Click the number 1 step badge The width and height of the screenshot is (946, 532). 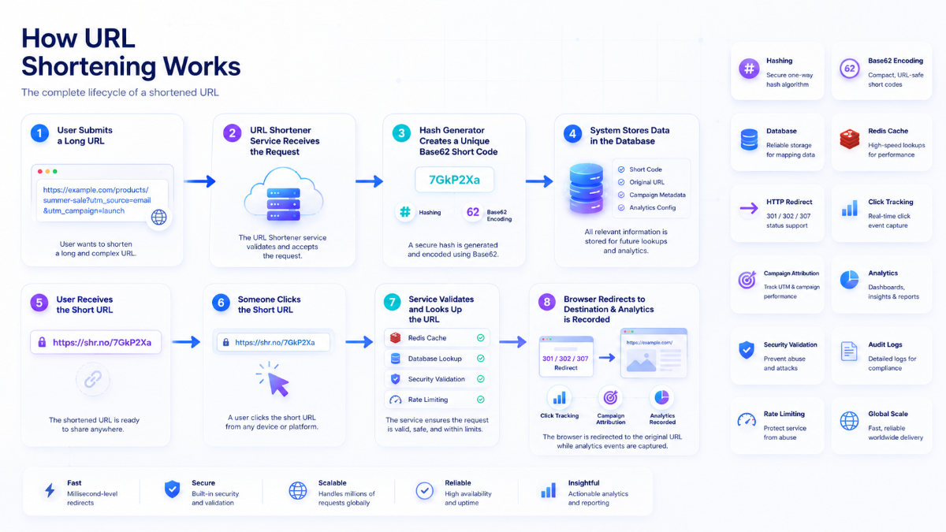(39, 133)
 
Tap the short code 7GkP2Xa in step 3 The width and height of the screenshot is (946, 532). (454, 180)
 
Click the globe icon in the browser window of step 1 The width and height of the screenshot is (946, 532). (158, 218)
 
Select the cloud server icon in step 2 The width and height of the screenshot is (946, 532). (283, 195)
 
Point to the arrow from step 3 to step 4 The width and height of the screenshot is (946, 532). (539, 181)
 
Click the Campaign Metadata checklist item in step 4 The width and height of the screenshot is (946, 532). (652, 195)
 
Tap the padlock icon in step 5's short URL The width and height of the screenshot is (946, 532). (42, 342)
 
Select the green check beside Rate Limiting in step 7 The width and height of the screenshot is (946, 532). (481, 400)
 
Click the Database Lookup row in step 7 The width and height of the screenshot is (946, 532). (437, 359)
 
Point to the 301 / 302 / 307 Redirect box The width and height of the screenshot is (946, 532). (566, 357)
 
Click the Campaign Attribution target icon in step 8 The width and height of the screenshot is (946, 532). (610, 397)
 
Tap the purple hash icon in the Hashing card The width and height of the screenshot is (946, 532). (749, 69)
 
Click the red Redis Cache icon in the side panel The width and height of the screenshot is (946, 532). (849, 140)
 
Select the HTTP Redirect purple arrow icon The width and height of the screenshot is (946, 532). (749, 208)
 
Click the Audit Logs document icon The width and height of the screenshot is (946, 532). (849, 352)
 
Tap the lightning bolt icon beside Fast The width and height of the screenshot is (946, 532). (50, 490)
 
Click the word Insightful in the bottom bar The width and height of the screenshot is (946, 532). (583, 482)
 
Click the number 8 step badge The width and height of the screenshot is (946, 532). (547, 303)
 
